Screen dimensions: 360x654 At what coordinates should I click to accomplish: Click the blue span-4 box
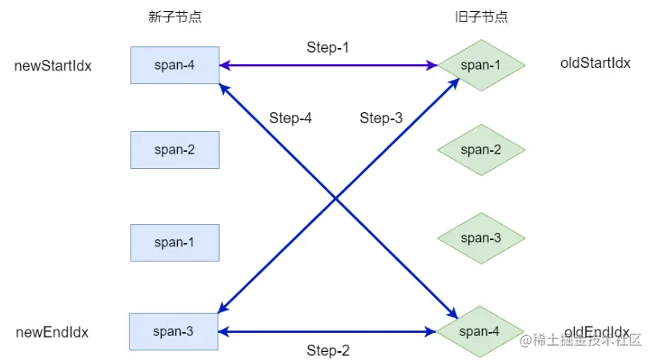coord(175,65)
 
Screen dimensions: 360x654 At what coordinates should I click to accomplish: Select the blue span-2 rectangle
coord(175,150)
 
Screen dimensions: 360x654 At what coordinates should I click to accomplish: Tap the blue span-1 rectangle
coord(175,242)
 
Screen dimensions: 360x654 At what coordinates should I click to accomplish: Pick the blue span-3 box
coord(175,331)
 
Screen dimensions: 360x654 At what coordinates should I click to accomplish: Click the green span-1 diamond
coord(481,65)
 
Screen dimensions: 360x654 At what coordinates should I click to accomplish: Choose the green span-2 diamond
coord(481,150)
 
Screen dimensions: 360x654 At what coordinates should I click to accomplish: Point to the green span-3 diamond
coord(481,238)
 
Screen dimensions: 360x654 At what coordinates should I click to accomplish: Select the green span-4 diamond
coord(481,331)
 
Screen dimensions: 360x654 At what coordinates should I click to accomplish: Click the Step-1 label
coord(328,47)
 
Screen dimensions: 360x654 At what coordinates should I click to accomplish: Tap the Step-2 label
coord(328,350)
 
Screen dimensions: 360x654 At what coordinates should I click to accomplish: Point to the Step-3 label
coord(381,118)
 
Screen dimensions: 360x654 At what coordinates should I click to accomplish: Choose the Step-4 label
coord(290,118)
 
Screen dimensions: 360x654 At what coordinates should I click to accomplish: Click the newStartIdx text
coord(53,66)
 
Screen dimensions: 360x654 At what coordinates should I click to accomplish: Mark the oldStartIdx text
coord(596,62)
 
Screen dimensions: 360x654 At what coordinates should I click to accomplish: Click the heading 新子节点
coord(174,18)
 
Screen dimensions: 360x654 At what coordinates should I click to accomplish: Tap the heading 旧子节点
coord(480,18)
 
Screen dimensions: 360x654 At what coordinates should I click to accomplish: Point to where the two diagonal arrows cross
coord(336,198)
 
